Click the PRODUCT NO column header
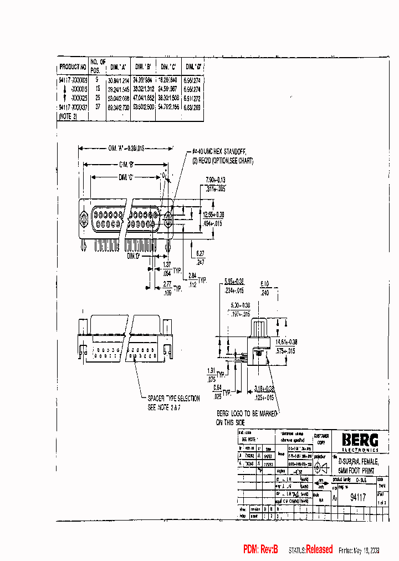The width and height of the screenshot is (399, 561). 73,67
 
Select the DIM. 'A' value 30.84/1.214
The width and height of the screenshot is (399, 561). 117,80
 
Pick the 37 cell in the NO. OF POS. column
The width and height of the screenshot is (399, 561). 98,107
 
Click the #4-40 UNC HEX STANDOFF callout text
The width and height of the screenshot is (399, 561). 219,151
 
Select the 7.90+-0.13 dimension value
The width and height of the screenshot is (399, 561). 216,180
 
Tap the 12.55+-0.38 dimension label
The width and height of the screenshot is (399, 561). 213,215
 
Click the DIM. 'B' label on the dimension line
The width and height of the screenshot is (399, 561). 126,164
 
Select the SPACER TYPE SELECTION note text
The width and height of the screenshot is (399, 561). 173,399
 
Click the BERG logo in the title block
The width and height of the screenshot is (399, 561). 360,441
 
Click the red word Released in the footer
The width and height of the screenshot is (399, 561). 319,549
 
